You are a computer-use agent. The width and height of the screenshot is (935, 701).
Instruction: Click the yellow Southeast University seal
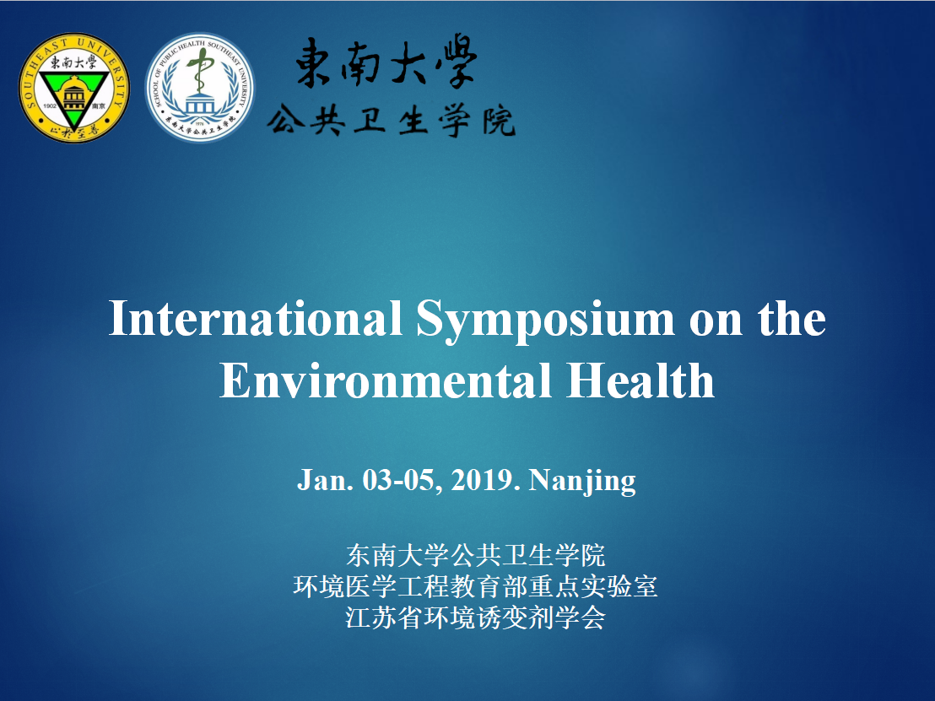(x=74, y=88)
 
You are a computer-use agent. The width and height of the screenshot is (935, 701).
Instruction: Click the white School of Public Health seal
(x=200, y=88)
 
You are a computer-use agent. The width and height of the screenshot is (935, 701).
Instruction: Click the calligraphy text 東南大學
(x=386, y=62)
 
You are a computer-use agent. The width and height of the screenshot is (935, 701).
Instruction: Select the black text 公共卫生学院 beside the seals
(x=392, y=121)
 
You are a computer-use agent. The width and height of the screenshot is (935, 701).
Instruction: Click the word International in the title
(x=255, y=318)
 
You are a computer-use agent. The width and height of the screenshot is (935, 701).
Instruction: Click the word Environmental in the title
(x=385, y=380)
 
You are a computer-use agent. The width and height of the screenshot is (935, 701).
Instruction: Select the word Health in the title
(x=640, y=380)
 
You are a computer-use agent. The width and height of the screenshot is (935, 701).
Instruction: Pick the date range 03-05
(x=403, y=481)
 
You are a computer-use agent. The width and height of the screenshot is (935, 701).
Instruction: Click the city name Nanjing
(x=582, y=482)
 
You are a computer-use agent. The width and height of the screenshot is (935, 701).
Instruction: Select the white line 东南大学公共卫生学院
(x=475, y=556)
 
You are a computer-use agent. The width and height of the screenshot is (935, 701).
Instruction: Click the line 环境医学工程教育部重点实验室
(x=475, y=586)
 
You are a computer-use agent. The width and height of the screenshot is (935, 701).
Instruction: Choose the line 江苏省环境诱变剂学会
(x=475, y=617)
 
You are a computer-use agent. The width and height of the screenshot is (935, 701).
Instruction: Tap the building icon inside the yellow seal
(x=74, y=94)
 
